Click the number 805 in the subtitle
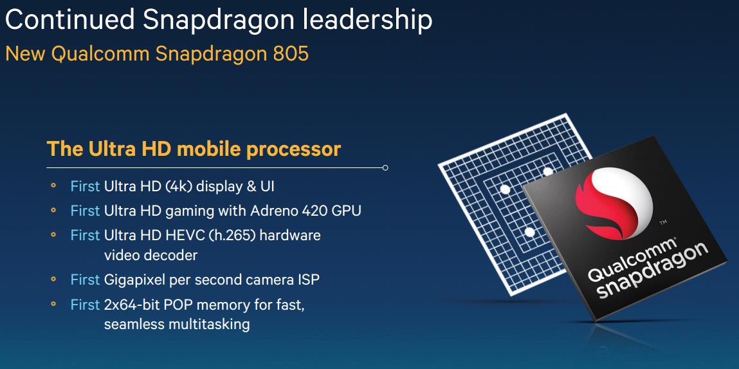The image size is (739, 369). (x=291, y=53)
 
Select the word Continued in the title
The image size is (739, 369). (x=70, y=20)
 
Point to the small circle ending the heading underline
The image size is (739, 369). (x=385, y=167)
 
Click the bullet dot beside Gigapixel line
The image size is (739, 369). (x=53, y=279)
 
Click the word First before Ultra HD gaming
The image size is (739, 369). (x=85, y=211)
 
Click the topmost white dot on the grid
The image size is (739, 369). (x=547, y=172)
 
